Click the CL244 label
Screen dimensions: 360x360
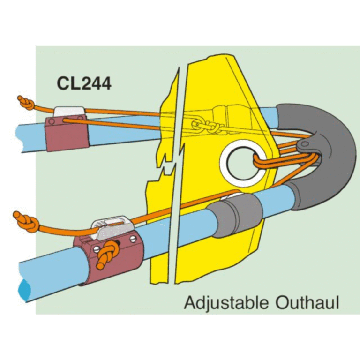[84, 83]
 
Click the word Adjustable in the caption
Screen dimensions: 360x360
[226, 303]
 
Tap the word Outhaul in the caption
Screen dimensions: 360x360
[307, 302]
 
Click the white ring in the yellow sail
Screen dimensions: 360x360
[243, 163]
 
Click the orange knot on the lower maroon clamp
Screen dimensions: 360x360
[107, 254]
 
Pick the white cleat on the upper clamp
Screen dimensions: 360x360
[69, 112]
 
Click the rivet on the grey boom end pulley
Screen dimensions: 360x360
[305, 144]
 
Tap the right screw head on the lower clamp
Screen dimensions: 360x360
[133, 239]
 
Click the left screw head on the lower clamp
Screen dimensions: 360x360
[96, 248]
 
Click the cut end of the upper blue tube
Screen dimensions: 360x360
[20, 138]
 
